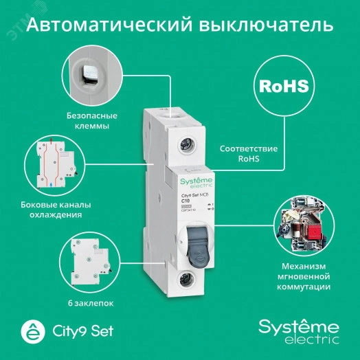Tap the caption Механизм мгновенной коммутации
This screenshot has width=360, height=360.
click(x=302, y=276)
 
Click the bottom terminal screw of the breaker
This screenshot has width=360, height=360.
click(x=184, y=279)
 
